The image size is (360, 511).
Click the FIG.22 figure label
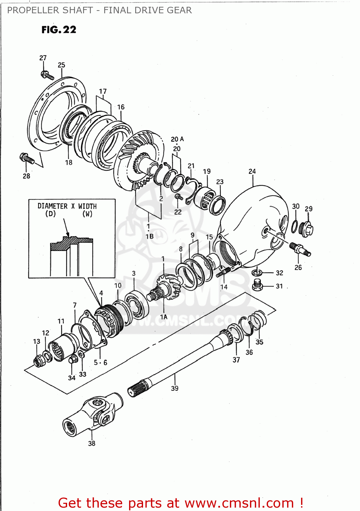(x=59, y=30)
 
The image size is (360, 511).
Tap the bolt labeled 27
(x=47, y=75)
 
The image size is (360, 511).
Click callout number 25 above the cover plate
(x=61, y=65)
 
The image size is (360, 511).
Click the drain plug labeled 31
(x=258, y=285)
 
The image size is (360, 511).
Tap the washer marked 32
(x=257, y=273)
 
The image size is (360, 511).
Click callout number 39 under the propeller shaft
(x=174, y=388)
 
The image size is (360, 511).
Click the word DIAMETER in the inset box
(x=52, y=206)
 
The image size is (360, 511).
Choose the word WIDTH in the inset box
(x=87, y=206)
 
